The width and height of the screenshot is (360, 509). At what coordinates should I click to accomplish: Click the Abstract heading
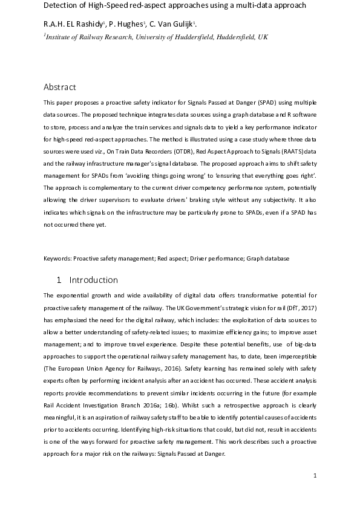click(60, 86)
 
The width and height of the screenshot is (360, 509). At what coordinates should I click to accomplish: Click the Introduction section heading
click(93, 280)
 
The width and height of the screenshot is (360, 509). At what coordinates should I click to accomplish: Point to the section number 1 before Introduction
click(59, 280)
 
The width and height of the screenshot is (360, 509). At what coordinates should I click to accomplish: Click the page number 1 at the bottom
click(315, 476)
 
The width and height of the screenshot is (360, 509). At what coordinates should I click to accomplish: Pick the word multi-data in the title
click(245, 5)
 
